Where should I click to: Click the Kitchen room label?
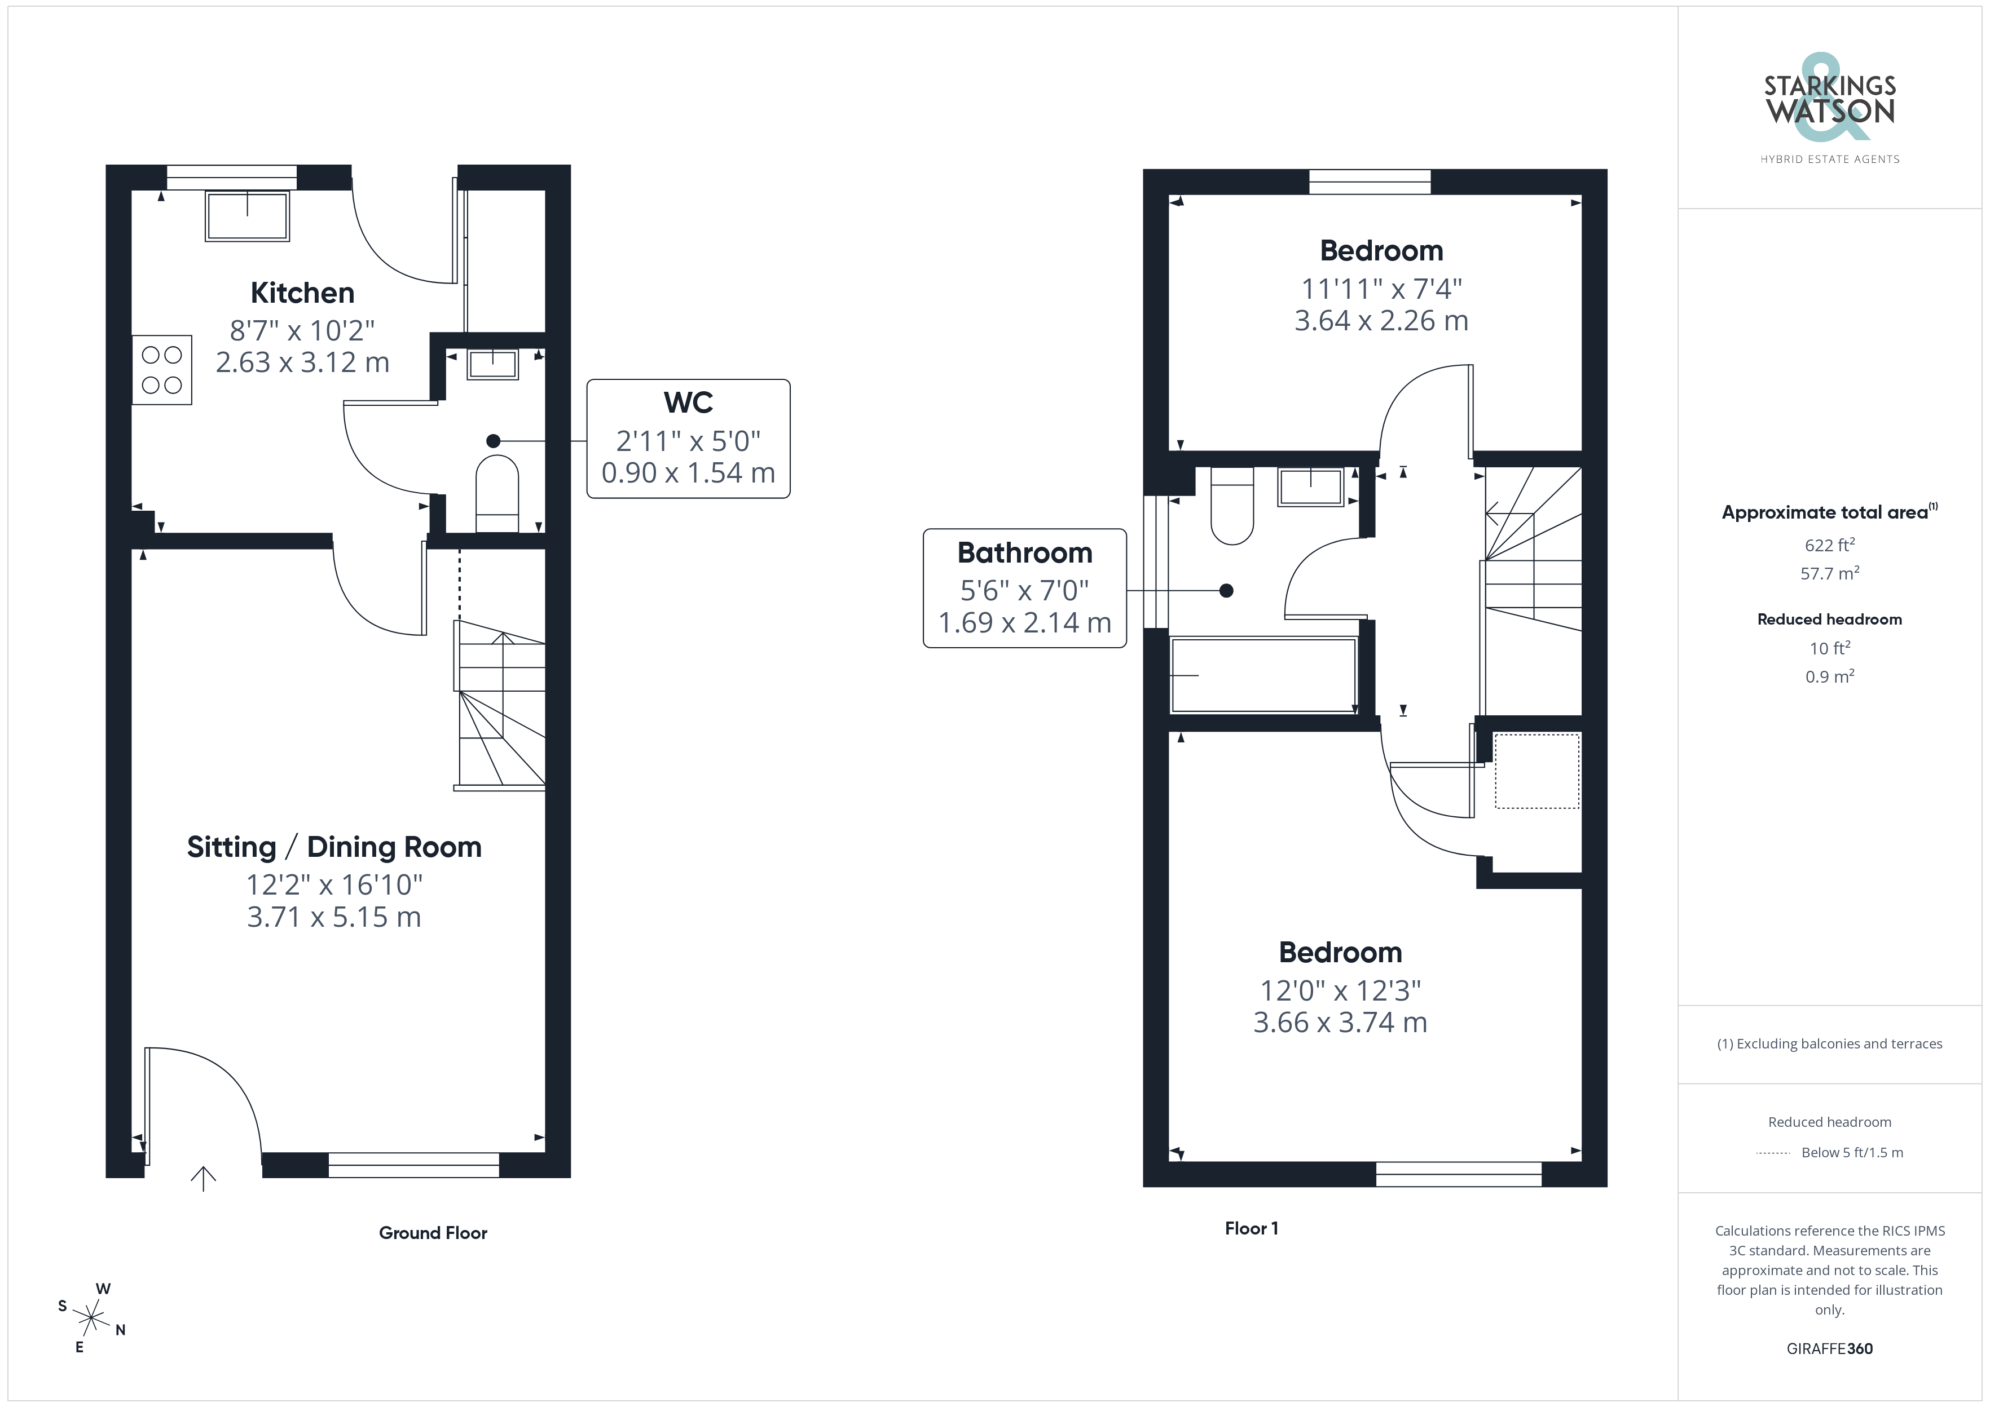[302, 293]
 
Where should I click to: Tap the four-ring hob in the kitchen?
[162, 370]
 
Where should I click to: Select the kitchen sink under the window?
[247, 216]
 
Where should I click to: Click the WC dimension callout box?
[688, 439]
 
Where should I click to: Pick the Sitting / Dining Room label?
[334, 847]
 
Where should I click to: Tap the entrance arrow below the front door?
[203, 1178]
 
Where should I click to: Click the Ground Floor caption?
[433, 1233]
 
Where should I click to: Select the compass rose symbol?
[91, 1318]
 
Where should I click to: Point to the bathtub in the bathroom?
[1263, 675]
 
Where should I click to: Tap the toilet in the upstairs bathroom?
[1231, 506]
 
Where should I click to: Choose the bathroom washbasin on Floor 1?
[1310, 487]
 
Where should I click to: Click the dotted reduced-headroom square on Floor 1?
[1536, 771]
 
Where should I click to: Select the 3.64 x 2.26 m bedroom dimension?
[1381, 321]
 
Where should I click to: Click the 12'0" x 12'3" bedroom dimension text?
[1340, 990]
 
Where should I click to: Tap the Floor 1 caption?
[1252, 1228]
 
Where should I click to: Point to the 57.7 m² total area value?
[1830, 573]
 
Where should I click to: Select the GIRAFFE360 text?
[1830, 1349]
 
